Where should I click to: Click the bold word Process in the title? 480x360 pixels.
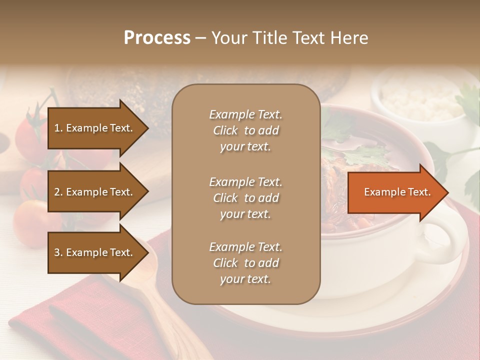(x=157, y=37)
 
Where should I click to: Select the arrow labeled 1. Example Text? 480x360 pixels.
(x=95, y=128)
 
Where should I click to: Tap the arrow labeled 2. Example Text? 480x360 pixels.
(x=95, y=192)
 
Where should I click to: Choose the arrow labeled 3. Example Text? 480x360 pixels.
(x=95, y=252)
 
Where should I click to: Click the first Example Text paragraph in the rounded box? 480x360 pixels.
(x=245, y=130)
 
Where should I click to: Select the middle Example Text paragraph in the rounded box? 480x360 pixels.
(x=245, y=197)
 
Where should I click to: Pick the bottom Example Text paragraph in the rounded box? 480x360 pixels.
(x=245, y=263)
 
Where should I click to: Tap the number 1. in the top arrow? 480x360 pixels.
(x=58, y=128)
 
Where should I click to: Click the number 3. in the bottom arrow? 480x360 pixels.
(x=58, y=252)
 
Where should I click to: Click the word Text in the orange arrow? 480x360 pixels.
(x=419, y=192)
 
